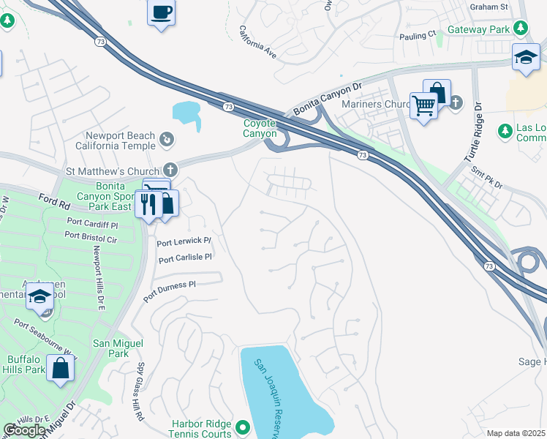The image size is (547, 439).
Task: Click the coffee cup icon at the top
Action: pos(161,12)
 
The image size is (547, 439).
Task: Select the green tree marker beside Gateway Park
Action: pos(520,29)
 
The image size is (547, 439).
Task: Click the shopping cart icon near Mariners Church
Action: pos(423,106)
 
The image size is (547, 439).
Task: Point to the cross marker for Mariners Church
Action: pos(456,102)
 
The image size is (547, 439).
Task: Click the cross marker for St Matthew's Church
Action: pos(170,169)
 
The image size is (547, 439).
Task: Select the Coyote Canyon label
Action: pos(260,129)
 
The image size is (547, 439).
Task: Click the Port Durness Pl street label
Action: pos(170,285)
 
